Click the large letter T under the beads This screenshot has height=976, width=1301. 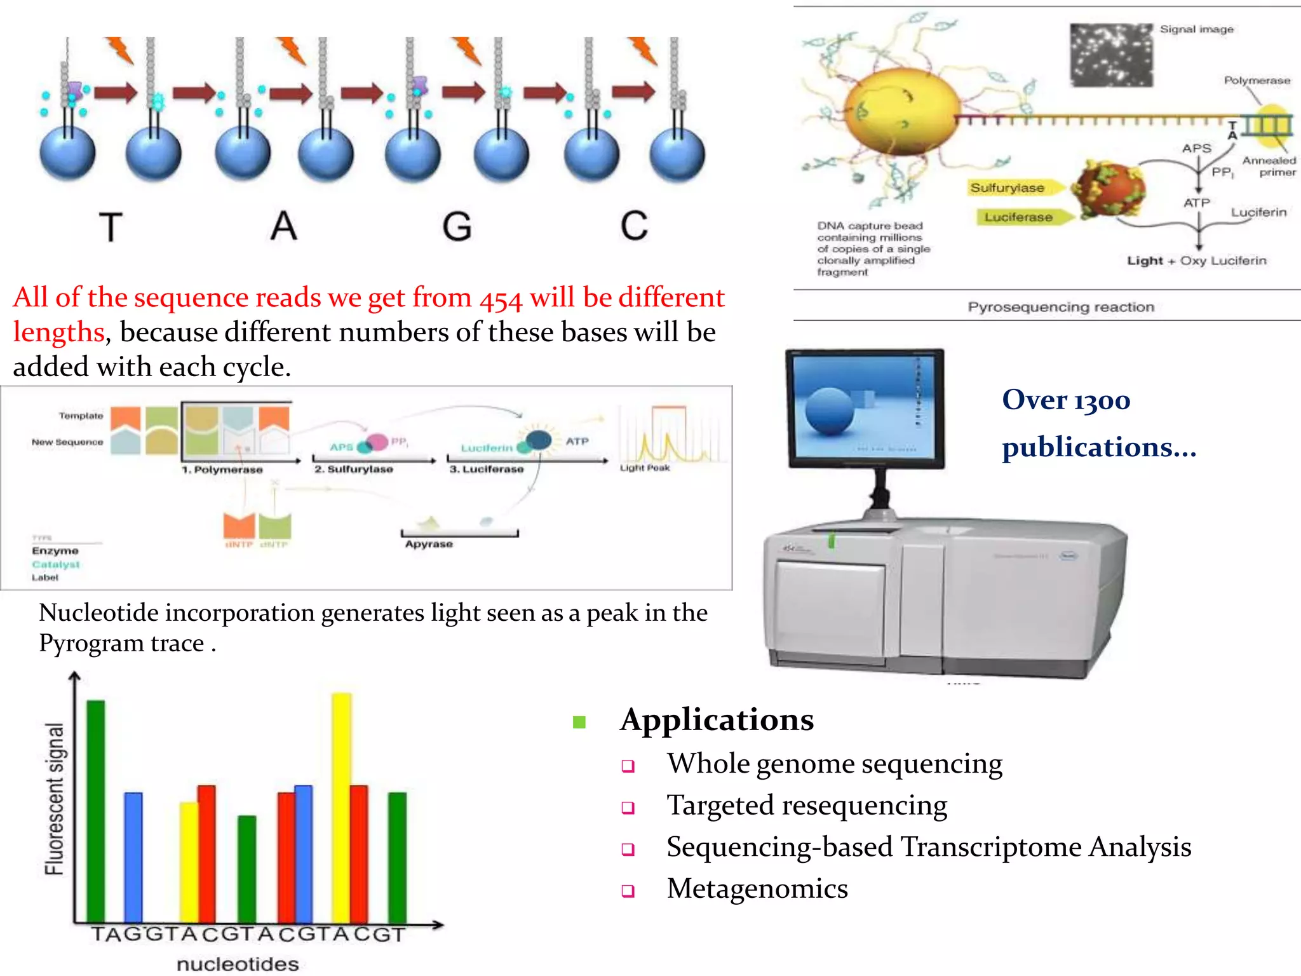[111, 227]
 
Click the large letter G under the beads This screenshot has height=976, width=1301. [457, 226]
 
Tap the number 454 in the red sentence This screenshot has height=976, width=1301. [500, 299]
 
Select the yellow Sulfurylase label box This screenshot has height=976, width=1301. [1008, 188]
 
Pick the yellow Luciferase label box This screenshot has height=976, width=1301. [1018, 217]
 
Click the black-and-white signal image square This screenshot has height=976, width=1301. [1111, 55]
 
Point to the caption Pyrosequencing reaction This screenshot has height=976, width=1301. [1060, 307]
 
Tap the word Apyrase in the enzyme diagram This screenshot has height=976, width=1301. [429, 544]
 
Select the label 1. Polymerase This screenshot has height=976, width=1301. [222, 470]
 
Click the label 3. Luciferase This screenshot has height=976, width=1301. [487, 469]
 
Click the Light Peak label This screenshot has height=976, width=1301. [645, 468]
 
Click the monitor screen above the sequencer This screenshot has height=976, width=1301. [864, 407]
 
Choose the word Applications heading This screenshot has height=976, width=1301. [717, 720]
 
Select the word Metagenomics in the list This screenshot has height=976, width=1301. [757, 888]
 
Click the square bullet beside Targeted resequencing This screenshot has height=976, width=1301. [628, 808]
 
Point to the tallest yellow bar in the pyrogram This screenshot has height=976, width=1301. [341, 807]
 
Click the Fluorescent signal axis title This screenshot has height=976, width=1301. [55, 799]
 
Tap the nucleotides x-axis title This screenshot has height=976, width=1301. [238, 964]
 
